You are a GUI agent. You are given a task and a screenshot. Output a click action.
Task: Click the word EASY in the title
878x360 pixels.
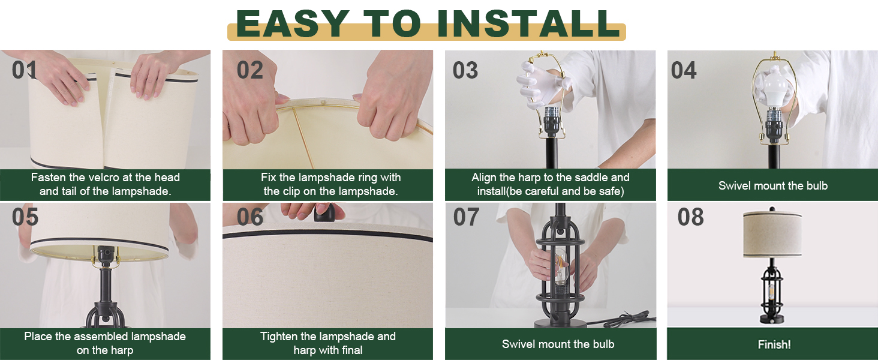coord(293,24)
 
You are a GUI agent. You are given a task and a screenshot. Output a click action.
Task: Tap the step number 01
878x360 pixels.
coord(25,70)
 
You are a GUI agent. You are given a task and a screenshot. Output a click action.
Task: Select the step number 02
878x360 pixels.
coord(249,70)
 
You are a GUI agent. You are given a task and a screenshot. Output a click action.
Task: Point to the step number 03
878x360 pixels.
coord(465,70)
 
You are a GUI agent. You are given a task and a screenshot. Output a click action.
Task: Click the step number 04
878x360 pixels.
coord(684,70)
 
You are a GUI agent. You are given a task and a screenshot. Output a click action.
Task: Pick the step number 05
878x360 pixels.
coord(25,217)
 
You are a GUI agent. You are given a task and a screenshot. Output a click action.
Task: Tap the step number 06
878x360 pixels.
coord(249,217)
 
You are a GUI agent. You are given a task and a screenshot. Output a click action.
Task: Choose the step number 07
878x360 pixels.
coord(466,217)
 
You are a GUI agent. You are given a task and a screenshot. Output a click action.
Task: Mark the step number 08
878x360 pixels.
coord(690,217)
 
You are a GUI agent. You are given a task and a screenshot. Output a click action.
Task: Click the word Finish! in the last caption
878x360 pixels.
coord(774,344)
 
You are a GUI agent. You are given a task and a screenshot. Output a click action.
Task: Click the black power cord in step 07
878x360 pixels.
coord(627,318)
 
